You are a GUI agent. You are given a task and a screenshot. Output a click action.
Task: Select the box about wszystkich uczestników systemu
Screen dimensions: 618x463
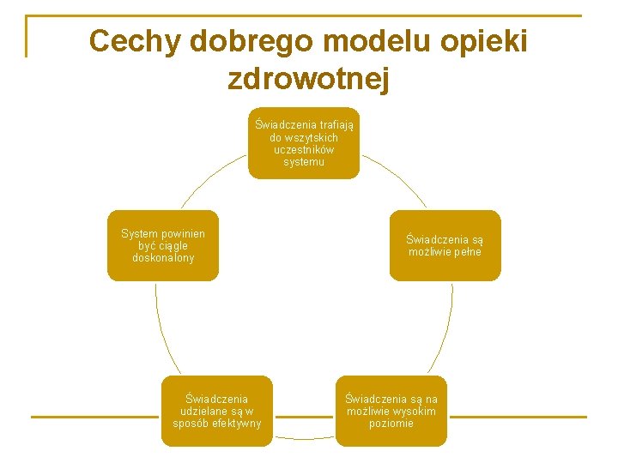304,143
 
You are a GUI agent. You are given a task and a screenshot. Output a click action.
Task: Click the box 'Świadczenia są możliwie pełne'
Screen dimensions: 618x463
445,245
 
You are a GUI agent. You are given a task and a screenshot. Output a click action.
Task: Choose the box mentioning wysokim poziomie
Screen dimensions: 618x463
391,411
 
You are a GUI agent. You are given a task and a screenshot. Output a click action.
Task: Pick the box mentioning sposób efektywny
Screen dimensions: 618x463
217,411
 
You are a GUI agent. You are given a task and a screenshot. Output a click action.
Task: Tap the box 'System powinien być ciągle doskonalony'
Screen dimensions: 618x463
162,245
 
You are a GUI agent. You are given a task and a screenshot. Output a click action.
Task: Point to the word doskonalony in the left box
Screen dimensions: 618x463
163,258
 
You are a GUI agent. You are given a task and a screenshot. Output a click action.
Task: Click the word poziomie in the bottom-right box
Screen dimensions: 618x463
391,424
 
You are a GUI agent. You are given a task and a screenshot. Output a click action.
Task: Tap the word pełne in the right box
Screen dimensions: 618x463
468,252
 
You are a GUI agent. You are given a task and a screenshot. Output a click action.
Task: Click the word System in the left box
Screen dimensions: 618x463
139,233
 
